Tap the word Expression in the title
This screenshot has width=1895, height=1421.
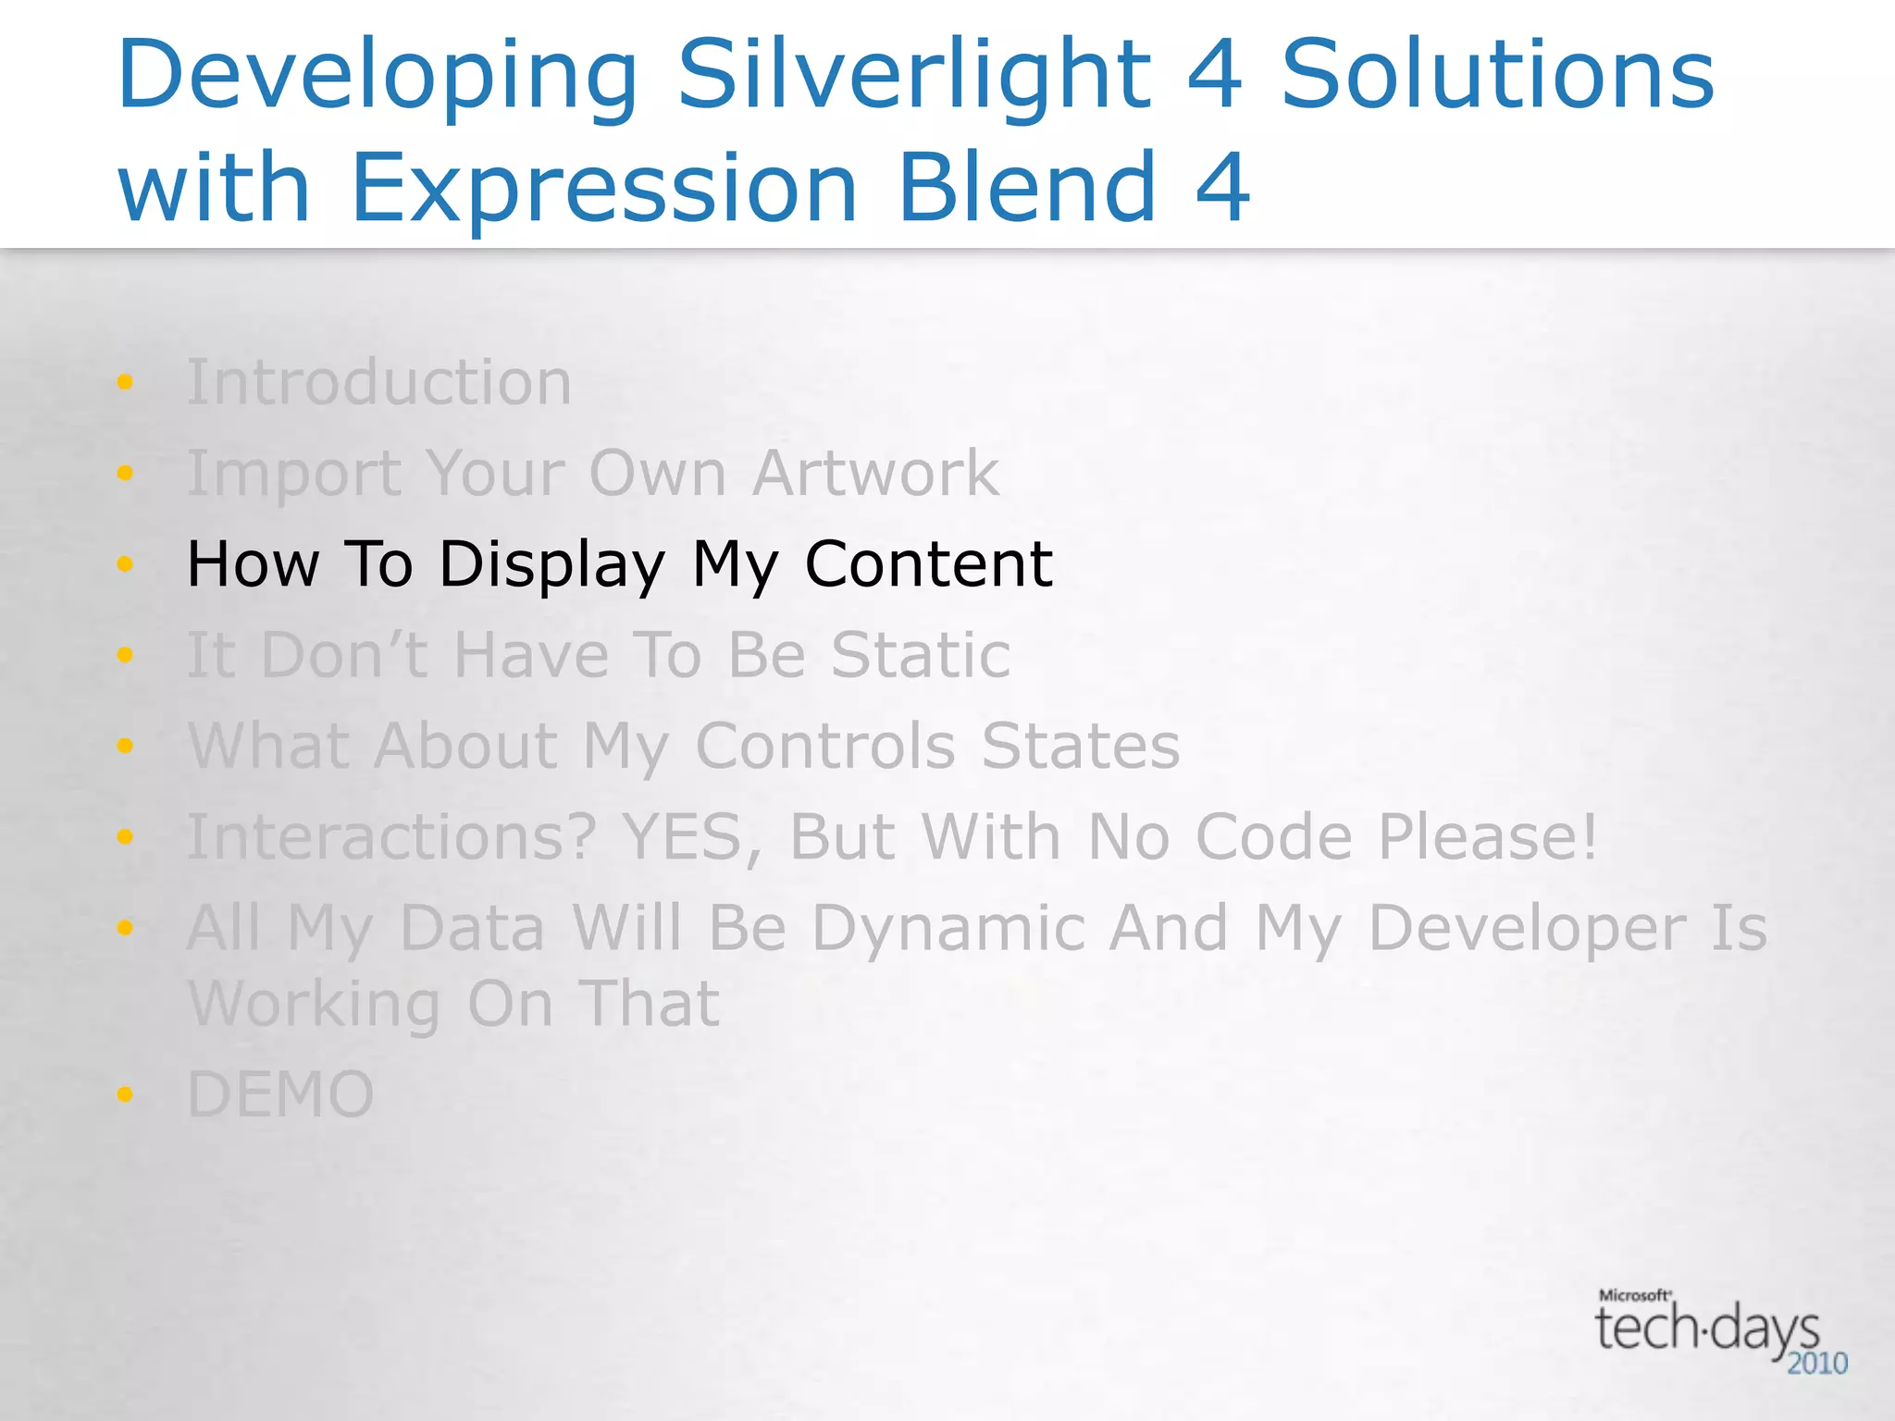click(x=604, y=189)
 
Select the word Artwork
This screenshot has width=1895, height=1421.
click(x=875, y=474)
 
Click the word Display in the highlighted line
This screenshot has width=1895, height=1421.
click(x=551, y=564)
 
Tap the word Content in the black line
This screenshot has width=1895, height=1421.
click(x=928, y=564)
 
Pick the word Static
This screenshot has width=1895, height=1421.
click(x=921, y=655)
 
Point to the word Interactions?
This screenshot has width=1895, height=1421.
click(x=391, y=836)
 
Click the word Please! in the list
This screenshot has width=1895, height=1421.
click(x=1488, y=836)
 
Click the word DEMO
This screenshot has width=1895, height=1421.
click(x=280, y=1094)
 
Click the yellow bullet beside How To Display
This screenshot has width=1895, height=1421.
click(x=125, y=563)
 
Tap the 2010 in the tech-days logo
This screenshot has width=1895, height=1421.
click(x=1816, y=1363)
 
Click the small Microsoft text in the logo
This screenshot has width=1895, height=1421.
click(x=1634, y=1295)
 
